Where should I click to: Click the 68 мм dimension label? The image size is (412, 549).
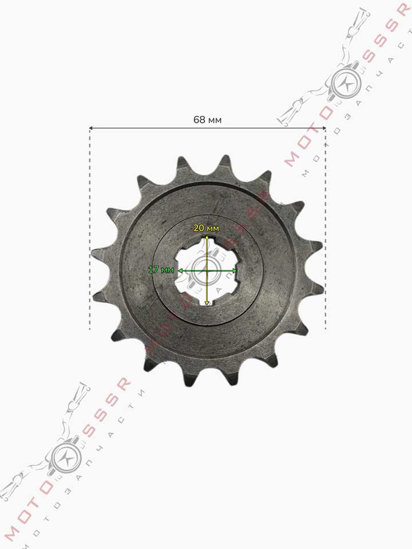click(207, 120)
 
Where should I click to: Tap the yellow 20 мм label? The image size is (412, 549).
click(207, 228)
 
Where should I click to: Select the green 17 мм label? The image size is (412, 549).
click(161, 269)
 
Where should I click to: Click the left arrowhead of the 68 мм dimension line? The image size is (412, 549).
click(91, 128)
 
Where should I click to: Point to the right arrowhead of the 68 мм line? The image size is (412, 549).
click(324, 128)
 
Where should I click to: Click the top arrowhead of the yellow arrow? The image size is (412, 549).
click(207, 238)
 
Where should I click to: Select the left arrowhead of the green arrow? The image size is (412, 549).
click(180, 270)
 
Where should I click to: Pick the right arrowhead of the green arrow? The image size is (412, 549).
click(235, 270)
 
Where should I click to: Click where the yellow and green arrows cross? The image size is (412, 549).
click(207, 270)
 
